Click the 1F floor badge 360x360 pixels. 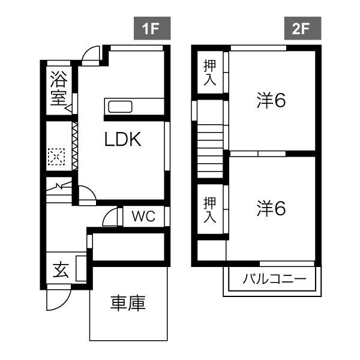[152, 28]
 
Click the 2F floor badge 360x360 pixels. [302, 28]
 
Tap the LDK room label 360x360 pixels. [123, 139]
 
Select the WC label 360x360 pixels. [144, 216]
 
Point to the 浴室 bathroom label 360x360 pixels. [59, 88]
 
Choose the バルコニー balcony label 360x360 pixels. [275, 279]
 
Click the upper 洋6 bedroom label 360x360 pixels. [271, 100]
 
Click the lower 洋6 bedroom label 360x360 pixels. [271, 208]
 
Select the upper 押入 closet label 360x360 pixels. [209, 73]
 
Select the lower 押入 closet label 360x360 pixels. [209, 209]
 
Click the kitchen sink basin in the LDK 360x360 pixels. [120, 107]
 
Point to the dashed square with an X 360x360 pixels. [56, 157]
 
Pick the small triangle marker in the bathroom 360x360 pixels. [68, 108]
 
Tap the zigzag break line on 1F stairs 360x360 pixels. [59, 186]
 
